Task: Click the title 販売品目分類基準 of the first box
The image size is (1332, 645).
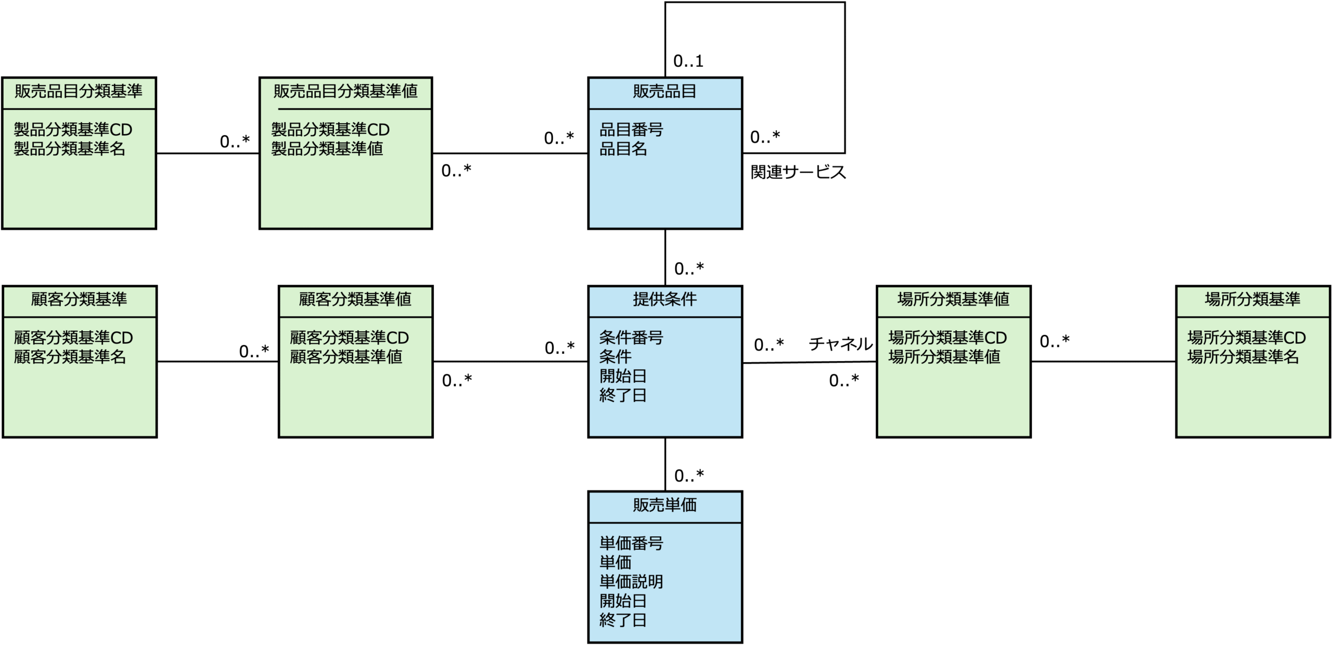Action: (78, 92)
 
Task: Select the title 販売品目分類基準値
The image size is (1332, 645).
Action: (345, 92)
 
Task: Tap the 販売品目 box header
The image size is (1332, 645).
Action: (664, 92)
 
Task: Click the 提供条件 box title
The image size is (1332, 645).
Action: (664, 300)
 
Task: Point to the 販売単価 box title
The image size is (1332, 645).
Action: (664, 505)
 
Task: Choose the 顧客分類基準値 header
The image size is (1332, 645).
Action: (355, 300)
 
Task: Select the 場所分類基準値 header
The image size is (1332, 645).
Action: (953, 300)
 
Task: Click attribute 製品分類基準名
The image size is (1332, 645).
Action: (69, 149)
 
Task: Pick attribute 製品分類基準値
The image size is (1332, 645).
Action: (327, 149)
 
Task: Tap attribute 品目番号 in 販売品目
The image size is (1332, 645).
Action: (631, 130)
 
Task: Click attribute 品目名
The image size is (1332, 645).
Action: (623, 149)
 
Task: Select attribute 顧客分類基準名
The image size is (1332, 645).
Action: (70, 357)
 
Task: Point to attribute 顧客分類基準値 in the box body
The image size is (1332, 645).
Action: (345, 357)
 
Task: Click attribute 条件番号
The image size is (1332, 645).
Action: (631, 338)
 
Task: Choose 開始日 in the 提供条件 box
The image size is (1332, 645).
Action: (623, 376)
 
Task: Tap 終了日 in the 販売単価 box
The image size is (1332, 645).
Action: (623, 620)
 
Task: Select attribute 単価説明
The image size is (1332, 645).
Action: (631, 582)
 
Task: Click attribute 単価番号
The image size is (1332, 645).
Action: (631, 544)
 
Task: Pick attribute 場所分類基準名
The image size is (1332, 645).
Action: (1243, 357)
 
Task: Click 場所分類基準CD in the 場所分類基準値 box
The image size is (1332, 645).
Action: (947, 338)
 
